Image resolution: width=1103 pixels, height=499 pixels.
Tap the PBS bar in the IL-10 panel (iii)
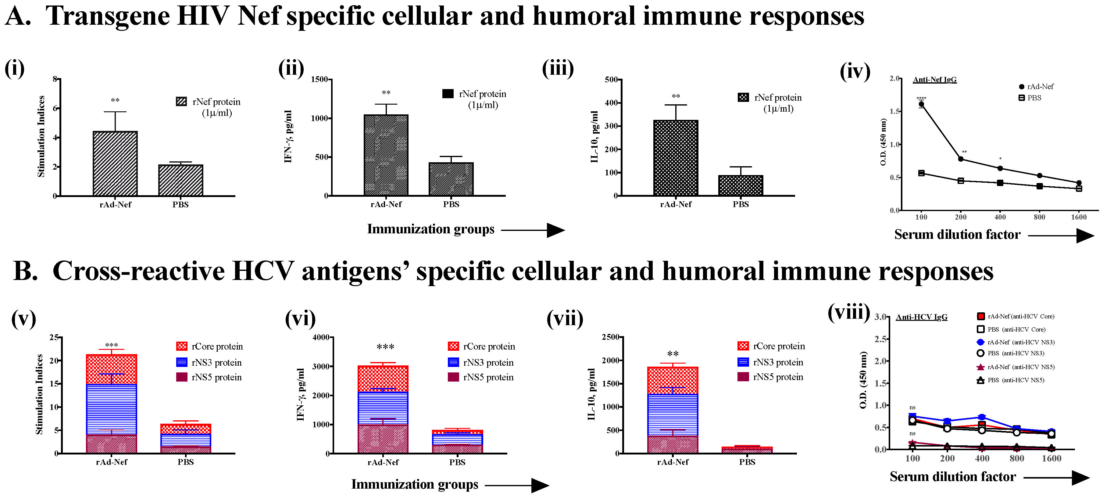coord(740,185)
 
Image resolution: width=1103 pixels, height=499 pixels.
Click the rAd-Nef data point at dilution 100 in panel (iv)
coord(921,104)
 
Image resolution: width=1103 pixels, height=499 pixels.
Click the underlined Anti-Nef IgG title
coord(934,80)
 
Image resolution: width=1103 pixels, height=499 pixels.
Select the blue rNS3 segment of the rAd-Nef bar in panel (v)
coord(111,409)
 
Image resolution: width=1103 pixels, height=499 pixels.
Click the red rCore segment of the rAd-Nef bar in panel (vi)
coord(383,379)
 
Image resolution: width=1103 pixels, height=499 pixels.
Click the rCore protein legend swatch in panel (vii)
coord(743,346)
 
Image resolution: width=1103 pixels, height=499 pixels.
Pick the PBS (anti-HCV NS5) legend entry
coord(1011,380)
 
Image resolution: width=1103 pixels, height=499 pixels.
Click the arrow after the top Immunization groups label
coord(533,231)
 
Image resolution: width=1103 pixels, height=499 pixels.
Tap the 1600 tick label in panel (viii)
coord(1051,458)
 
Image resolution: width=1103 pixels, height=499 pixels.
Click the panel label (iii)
coord(558,69)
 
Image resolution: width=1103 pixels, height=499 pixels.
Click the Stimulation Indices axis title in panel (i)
coord(41,136)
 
